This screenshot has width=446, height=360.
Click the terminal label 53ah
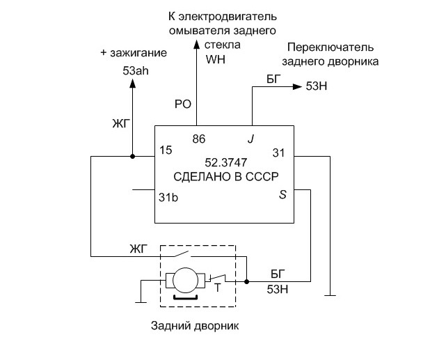[x=136, y=70]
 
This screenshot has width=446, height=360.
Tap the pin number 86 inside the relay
[x=198, y=139]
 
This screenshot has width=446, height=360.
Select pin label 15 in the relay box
[x=166, y=150]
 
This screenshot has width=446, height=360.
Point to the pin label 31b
[x=168, y=197]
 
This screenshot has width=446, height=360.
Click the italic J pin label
[x=250, y=139]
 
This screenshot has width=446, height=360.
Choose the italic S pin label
[x=282, y=195]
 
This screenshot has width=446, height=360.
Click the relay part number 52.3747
[x=226, y=162]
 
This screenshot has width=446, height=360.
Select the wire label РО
[x=182, y=104]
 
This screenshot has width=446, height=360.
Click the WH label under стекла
[x=216, y=59]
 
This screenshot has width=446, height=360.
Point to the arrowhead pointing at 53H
[x=297, y=86]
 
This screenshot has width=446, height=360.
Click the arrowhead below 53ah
[x=132, y=84]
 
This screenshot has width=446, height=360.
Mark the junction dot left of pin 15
[x=132, y=156]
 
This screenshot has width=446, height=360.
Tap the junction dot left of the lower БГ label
[x=247, y=281]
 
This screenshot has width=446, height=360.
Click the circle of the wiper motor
[x=185, y=281]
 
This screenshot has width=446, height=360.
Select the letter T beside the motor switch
[x=218, y=288]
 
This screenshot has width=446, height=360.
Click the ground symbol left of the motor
[x=141, y=302]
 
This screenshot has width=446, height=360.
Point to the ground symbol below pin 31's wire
[x=330, y=295]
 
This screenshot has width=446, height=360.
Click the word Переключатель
[x=330, y=47]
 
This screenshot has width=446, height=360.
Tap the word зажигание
[x=138, y=53]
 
